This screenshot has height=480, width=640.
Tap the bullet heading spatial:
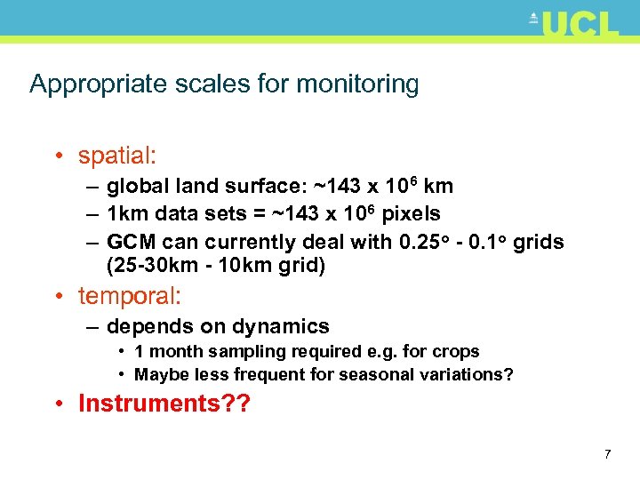pos(117,156)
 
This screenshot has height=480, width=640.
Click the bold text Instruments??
pos(164,404)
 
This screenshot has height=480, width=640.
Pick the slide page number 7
pos(607,455)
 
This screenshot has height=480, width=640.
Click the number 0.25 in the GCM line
pos(418,242)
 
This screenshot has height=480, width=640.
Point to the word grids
pos(538,242)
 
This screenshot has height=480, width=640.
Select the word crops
pos(457,352)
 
